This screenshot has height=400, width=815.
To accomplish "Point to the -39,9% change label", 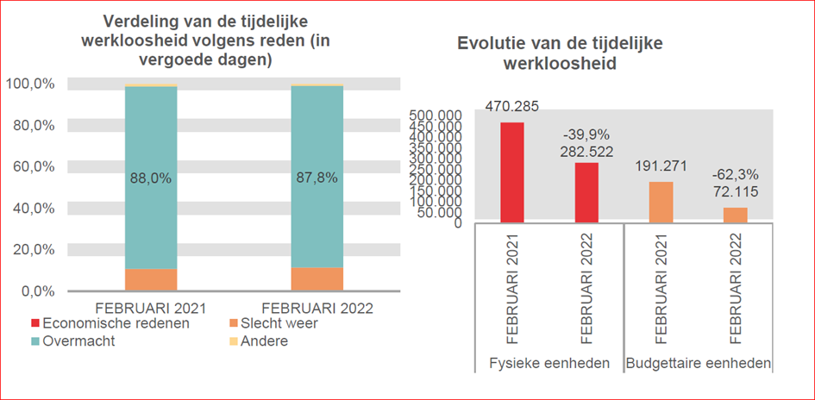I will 586,134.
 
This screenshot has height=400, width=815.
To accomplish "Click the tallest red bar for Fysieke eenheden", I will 512,172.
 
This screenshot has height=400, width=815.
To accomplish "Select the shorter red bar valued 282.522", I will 587,192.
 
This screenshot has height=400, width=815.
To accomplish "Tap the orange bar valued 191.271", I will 661,202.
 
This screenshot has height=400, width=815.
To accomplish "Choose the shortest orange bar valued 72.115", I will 736,215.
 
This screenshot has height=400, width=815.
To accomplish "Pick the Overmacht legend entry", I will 78,341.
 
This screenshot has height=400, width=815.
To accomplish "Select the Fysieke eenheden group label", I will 549,362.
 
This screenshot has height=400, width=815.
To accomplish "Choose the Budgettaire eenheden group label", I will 698,362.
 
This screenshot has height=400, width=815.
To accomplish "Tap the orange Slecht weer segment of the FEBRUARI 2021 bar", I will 151,279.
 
